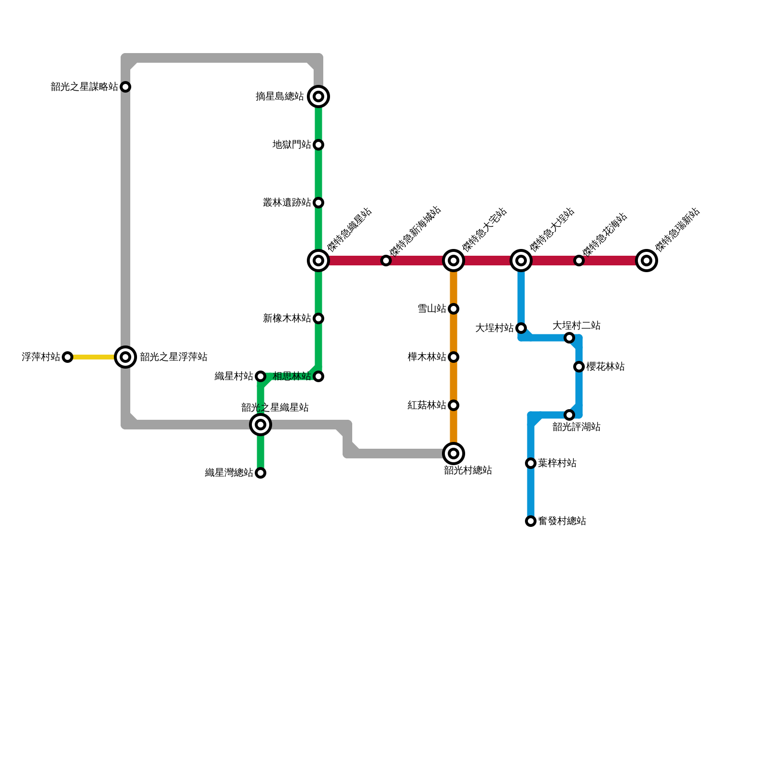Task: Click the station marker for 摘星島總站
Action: coord(318,96)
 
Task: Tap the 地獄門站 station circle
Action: coord(318,145)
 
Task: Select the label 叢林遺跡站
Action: coord(287,203)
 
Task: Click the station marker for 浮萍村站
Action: coord(68,357)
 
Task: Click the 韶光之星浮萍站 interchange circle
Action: coord(125,357)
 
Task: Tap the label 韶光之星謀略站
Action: coord(84,87)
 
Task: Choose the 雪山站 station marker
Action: coord(454,309)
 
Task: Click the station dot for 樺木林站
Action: coord(454,357)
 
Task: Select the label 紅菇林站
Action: coord(427,405)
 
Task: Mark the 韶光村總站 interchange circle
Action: coord(454,454)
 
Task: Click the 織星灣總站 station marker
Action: coord(261,473)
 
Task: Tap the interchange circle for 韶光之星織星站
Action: coord(261,425)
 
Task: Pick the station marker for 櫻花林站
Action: coord(579,367)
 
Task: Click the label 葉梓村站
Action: coord(557,463)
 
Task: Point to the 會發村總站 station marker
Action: coord(531,521)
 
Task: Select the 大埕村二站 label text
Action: coord(577,326)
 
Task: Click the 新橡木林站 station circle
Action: coord(318,318)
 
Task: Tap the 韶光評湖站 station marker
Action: coord(569,415)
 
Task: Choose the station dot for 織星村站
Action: coord(261,376)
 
